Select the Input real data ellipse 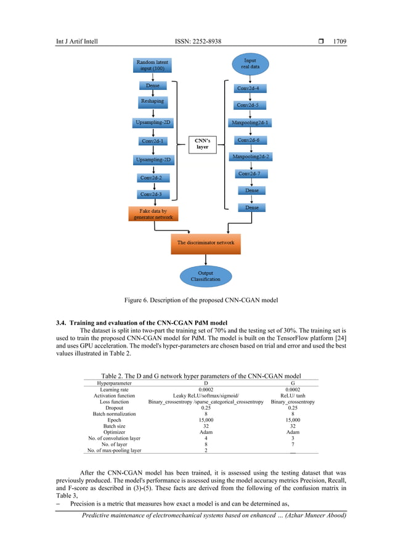250,64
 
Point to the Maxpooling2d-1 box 251,123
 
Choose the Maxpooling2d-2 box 251,157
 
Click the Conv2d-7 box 252,174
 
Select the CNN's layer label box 202,144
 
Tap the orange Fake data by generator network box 154,214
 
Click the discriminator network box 206,243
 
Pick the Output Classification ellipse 205,276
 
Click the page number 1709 340,42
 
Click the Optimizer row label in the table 114,433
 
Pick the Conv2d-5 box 252,105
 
